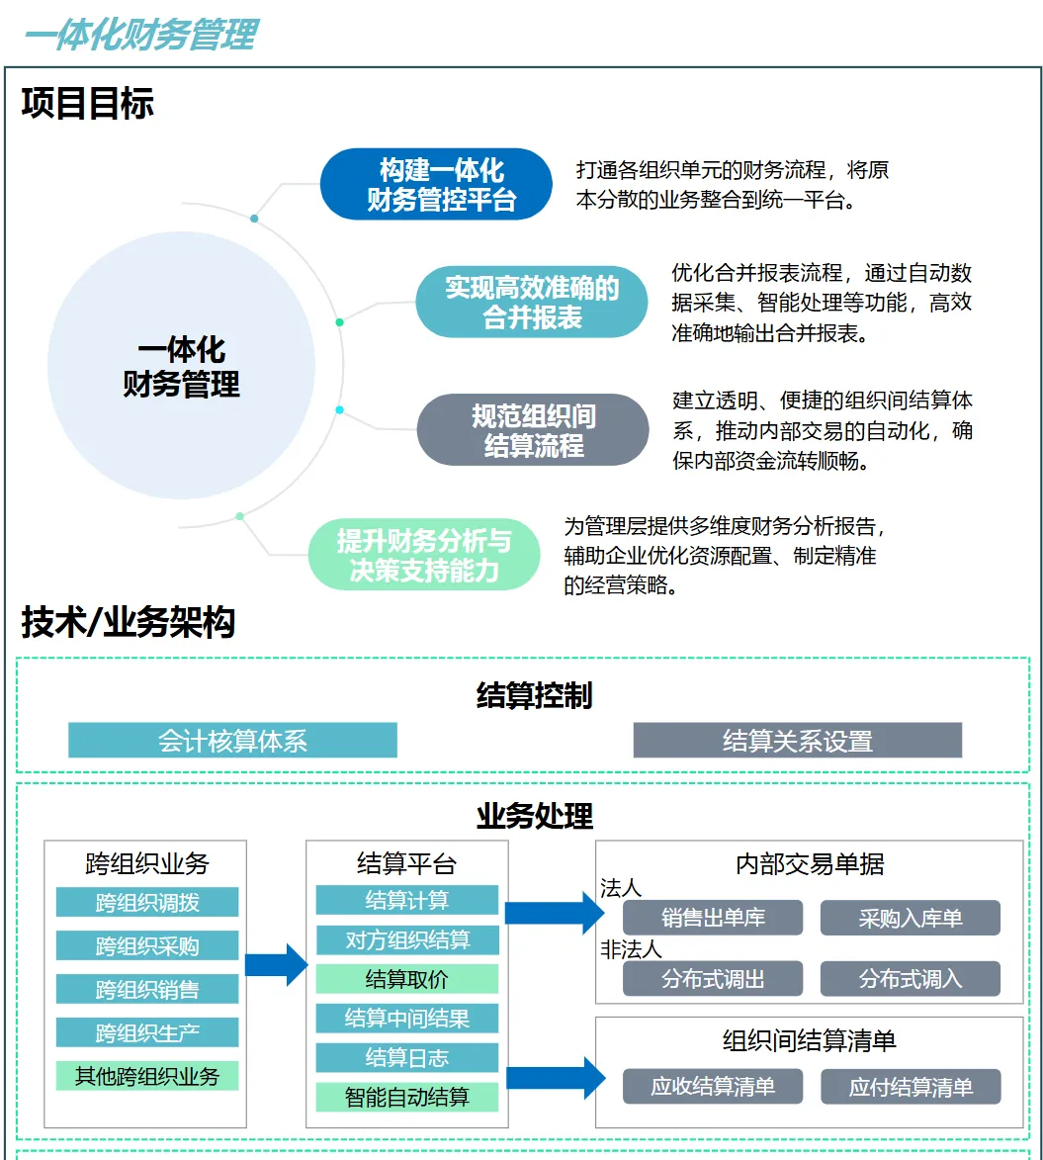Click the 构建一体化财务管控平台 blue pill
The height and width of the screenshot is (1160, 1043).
(435, 184)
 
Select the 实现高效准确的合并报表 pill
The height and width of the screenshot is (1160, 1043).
(532, 302)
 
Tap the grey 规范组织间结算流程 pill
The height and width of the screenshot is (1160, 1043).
(532, 429)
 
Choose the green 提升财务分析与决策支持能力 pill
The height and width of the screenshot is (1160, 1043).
(424, 555)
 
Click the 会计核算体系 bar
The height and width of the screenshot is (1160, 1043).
(232, 740)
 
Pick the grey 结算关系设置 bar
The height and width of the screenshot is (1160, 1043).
(797, 740)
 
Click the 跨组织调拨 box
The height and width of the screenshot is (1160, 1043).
(147, 902)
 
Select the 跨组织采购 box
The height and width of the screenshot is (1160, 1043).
(147, 945)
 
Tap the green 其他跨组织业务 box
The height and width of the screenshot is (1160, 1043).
(147, 1075)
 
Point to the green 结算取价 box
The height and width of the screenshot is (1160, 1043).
(406, 979)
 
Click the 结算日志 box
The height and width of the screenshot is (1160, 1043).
(406, 1057)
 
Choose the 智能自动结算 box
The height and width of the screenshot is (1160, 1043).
(406, 1097)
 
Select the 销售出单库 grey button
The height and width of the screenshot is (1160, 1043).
(712, 918)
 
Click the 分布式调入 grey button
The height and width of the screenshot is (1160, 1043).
(910, 979)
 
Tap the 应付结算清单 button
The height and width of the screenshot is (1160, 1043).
(910, 1087)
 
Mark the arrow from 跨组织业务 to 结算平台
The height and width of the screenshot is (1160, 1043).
(276, 965)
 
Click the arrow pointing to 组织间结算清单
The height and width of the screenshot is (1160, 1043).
(555, 1077)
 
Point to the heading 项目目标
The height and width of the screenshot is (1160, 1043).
(88, 104)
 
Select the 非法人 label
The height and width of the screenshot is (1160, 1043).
(631, 950)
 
